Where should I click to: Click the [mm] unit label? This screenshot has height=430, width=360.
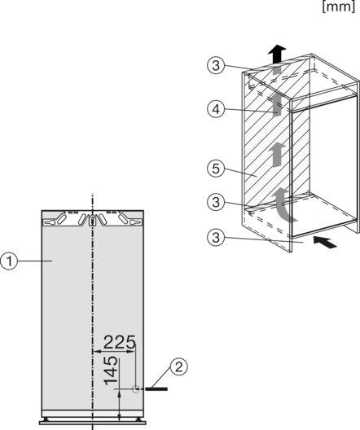[x=339, y=7]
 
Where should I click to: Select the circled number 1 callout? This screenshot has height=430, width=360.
[x=9, y=261]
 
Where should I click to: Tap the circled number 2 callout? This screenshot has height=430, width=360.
[x=179, y=366]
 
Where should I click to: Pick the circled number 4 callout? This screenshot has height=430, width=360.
[x=216, y=109]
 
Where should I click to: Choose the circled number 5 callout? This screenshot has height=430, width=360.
[x=216, y=168]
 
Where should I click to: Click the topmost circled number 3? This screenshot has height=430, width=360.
[x=216, y=65]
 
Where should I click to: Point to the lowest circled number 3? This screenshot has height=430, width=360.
[x=216, y=237]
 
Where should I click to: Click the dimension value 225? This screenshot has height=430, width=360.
[x=119, y=342]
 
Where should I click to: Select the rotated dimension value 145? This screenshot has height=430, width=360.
[x=111, y=371]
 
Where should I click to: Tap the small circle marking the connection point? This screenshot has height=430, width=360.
[x=135, y=388]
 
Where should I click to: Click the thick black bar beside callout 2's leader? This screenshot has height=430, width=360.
[x=156, y=388]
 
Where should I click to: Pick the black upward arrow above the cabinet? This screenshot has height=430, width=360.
[x=277, y=54]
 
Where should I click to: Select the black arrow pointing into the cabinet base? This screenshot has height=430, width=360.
[x=325, y=242]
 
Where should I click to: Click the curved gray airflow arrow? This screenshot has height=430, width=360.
[x=283, y=205]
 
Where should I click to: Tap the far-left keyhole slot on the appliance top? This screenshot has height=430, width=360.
[x=50, y=222]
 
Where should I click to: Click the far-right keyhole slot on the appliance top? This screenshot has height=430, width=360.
[x=135, y=222]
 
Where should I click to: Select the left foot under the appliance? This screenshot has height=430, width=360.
[x=46, y=419]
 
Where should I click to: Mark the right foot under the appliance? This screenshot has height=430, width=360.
[x=139, y=419]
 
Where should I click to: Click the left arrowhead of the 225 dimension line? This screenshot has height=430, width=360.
[x=96, y=351]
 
